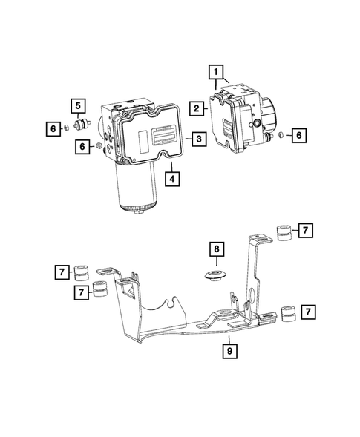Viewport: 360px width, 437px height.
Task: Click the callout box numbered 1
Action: click(216, 72)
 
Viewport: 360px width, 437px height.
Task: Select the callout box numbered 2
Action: click(195, 108)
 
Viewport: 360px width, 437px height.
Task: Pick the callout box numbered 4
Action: click(171, 178)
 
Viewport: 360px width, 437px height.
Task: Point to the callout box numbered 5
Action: click(77, 105)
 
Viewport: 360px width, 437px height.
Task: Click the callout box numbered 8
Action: click(215, 250)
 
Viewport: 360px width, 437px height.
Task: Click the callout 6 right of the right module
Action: click(298, 135)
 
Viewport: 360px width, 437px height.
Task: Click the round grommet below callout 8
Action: click(216, 277)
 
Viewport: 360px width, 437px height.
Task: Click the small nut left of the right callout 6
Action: click(282, 135)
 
